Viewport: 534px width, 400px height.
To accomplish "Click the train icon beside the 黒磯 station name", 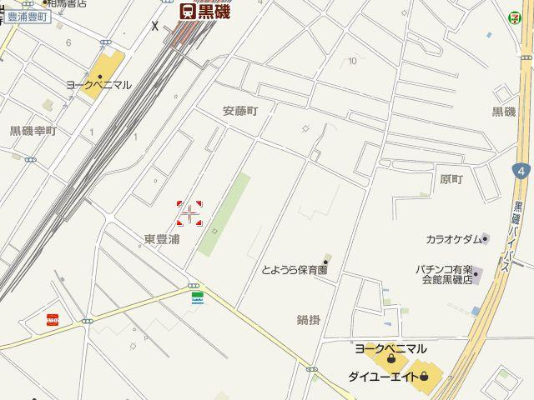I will [188, 11].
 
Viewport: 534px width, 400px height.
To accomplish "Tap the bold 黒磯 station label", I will [214, 11].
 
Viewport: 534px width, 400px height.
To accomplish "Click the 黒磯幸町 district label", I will [32, 131].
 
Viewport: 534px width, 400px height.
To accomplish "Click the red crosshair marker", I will [190, 213].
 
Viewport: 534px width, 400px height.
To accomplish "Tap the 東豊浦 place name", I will [161, 239].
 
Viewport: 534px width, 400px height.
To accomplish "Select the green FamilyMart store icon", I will [198, 297].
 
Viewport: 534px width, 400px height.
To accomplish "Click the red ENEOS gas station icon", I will [53, 319].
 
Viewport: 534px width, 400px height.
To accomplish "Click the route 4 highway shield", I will [521, 171].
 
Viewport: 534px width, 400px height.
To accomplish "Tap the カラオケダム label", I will [454, 239].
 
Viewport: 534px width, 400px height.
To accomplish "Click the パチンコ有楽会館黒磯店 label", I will [445, 274].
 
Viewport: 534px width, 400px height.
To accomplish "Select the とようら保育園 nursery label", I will [294, 270].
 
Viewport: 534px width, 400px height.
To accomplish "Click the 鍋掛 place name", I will [308, 319].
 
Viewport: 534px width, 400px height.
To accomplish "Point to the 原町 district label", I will [451, 179].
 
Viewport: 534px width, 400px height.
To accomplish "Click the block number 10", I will [354, 60].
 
